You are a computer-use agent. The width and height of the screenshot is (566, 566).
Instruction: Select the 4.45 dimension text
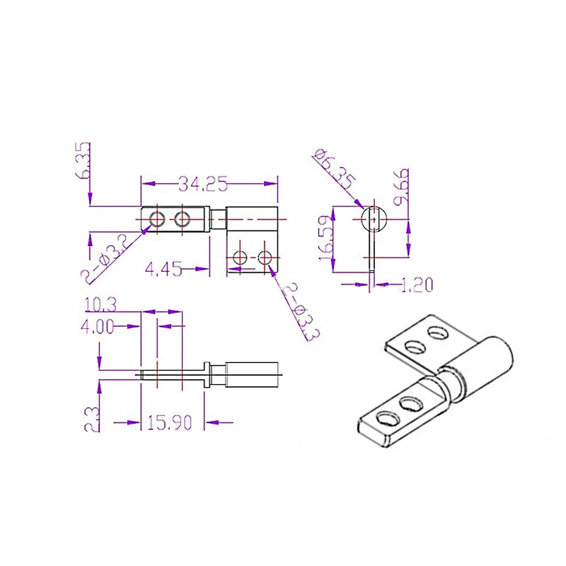point(163,269)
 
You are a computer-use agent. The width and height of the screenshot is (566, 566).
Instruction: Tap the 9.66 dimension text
point(403,185)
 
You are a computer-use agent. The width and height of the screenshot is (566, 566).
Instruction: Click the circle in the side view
point(374,219)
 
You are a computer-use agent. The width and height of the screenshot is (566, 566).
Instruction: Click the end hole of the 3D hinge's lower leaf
point(386,418)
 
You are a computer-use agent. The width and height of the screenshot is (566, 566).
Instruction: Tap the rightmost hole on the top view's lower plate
point(266,258)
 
